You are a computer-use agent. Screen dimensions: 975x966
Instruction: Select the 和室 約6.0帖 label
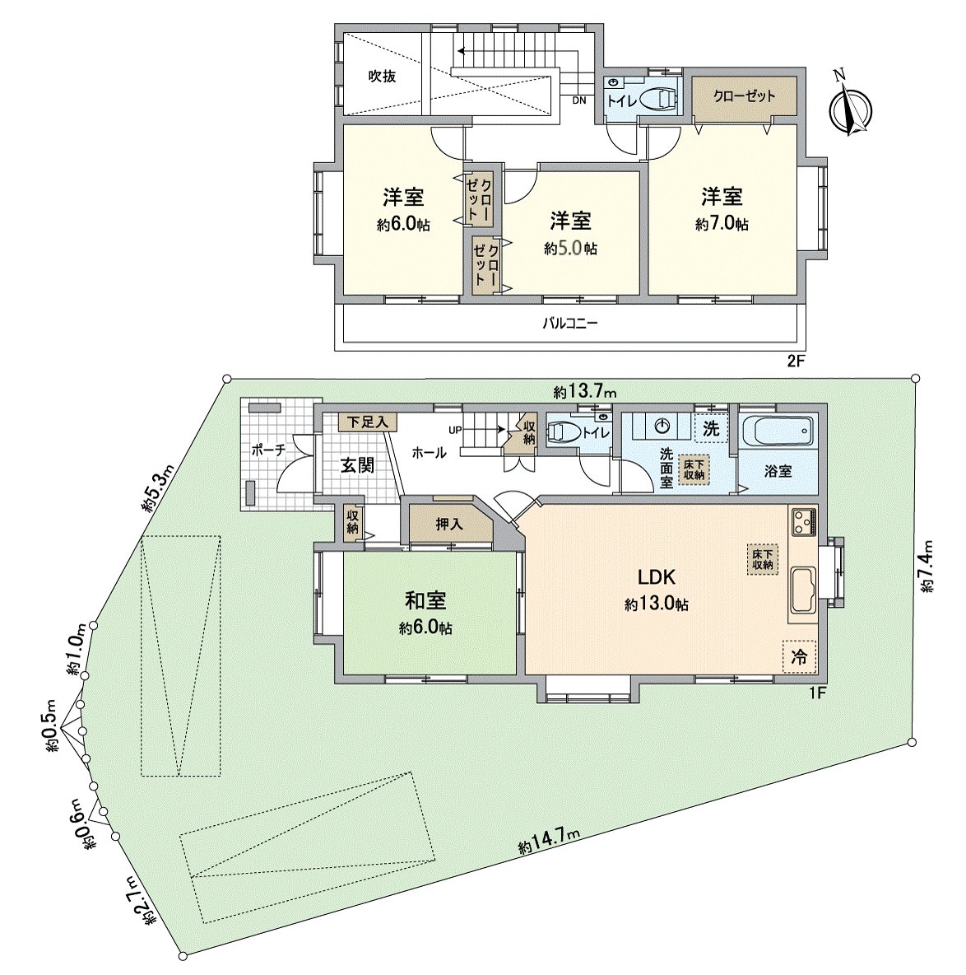coord(425,613)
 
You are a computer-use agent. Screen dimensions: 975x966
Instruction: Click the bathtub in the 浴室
coord(777,432)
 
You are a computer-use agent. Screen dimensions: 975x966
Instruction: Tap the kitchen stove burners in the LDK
coord(802,522)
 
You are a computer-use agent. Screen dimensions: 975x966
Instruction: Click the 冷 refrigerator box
coord(799,657)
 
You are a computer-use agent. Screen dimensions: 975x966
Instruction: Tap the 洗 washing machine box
coord(711,428)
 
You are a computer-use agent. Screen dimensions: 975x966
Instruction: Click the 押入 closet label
coord(448,525)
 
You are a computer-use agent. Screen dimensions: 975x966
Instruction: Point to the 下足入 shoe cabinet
coord(367,422)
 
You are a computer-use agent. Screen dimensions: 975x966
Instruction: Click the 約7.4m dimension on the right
coord(927,567)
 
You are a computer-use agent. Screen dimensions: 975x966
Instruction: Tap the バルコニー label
coord(569,324)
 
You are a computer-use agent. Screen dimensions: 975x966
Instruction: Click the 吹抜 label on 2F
coord(382,77)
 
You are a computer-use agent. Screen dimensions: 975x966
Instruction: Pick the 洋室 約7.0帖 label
coord(722,209)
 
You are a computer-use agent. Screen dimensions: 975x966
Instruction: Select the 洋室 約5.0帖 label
coord(571,234)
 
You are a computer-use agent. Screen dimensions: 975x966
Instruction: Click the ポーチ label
coord(268,450)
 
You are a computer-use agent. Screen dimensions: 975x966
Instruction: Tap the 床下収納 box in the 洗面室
coord(693,469)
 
